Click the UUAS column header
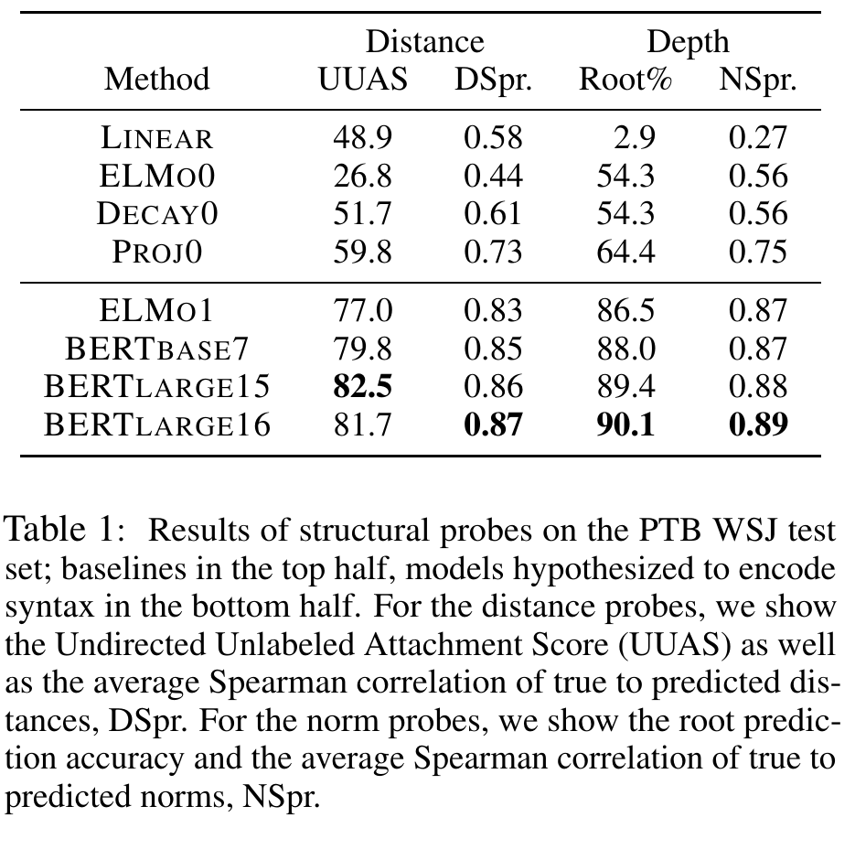[x=363, y=79]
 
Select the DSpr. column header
[x=493, y=81]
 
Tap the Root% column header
[x=625, y=79]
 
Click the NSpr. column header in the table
[x=757, y=81]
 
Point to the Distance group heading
[x=425, y=42]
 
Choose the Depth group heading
[x=688, y=43]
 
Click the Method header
[x=156, y=79]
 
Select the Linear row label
[x=156, y=137]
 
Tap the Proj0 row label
[x=157, y=253]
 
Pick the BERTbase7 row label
[x=157, y=349]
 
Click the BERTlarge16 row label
[x=157, y=425]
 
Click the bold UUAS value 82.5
[x=363, y=387]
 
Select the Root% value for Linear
[x=635, y=137]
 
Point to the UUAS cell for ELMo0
[x=363, y=176]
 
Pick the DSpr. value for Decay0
[x=493, y=214]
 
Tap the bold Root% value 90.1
[x=625, y=425]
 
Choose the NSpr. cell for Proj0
[x=758, y=253]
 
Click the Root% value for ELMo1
[x=625, y=310]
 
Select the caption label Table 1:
[x=65, y=530]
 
